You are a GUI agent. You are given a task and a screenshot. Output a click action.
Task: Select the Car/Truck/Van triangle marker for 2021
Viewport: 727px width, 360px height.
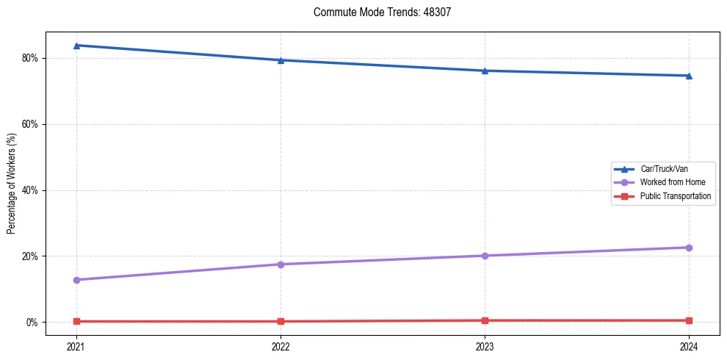[x=76, y=46]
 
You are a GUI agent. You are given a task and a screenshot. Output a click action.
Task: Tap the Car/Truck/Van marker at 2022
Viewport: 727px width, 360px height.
[x=281, y=60]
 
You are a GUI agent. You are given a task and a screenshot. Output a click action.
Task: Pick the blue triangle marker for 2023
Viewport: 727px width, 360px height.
[x=485, y=71]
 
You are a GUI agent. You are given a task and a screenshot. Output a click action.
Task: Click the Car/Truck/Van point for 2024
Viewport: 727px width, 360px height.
[x=689, y=76]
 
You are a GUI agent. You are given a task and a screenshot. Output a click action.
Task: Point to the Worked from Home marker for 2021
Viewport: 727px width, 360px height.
[x=76, y=280]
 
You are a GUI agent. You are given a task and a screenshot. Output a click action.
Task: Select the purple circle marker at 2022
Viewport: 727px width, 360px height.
[x=281, y=264]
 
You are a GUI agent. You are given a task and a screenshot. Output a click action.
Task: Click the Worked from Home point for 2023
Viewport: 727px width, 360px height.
[x=485, y=256]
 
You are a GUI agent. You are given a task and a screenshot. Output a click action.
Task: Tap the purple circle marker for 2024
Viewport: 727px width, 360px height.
[x=689, y=248]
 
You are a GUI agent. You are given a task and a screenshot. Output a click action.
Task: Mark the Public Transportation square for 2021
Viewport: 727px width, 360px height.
[x=76, y=321]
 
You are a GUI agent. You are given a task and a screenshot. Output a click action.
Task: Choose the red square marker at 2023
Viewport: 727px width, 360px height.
[x=485, y=320]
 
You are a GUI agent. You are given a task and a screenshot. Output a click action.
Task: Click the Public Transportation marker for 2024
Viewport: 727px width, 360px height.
[x=689, y=320]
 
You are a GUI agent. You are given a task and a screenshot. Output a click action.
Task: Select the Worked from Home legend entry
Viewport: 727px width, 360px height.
[x=668, y=182]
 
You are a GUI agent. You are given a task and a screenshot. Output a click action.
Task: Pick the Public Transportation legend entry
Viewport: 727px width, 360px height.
[x=675, y=196]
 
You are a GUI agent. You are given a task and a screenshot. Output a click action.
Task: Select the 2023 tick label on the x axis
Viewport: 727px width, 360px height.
[x=485, y=346]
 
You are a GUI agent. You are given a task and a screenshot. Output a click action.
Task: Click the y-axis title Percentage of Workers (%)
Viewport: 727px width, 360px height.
[x=12, y=184]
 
